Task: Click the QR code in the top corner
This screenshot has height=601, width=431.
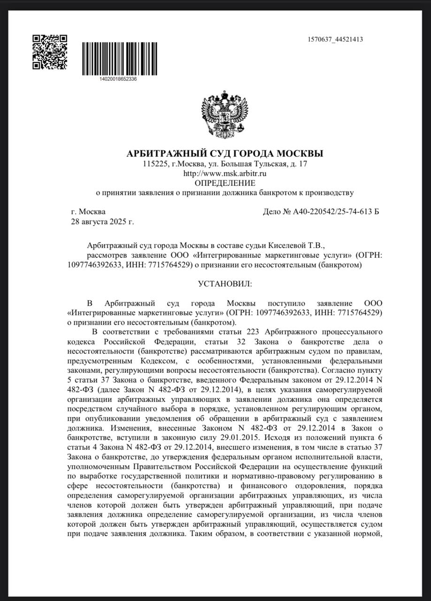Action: (x=50, y=52)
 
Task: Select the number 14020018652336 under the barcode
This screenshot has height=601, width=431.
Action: (x=118, y=79)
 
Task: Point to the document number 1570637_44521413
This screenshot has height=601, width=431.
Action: (x=335, y=39)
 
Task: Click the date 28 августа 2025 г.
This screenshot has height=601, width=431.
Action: (x=102, y=221)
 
